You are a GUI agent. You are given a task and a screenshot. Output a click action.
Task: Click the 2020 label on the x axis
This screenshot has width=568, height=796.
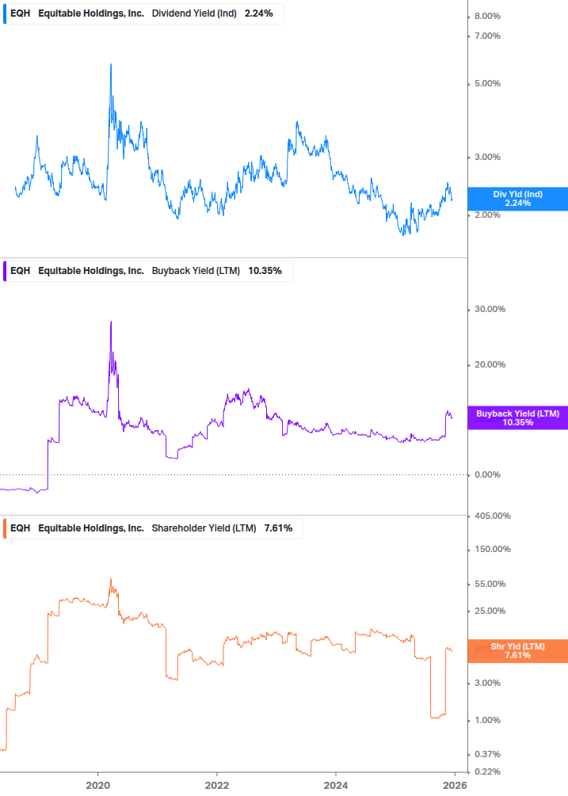click(x=97, y=786)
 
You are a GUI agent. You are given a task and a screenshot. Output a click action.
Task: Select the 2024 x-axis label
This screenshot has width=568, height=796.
click(x=336, y=786)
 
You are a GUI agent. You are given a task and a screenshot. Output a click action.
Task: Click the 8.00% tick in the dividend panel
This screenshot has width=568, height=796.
click(x=487, y=17)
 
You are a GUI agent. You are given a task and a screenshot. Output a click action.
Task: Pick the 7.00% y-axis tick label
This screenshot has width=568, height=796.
click(x=487, y=36)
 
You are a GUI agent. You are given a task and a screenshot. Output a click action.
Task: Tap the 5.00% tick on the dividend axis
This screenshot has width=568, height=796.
click(x=487, y=84)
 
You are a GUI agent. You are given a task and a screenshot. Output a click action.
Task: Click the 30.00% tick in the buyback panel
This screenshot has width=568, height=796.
click(x=490, y=310)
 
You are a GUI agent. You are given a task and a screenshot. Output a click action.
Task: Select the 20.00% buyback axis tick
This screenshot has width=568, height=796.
click(x=490, y=365)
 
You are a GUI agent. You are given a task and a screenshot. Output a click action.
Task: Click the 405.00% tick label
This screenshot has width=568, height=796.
click(x=492, y=516)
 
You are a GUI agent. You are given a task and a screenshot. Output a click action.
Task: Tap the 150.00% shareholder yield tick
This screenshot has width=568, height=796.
click(x=492, y=550)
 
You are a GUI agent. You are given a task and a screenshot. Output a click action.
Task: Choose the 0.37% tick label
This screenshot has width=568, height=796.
click(x=487, y=754)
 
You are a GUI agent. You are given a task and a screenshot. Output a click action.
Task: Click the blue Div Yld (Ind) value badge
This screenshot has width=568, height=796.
click(x=517, y=199)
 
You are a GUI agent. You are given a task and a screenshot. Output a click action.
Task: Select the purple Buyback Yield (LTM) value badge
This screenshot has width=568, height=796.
click(x=517, y=418)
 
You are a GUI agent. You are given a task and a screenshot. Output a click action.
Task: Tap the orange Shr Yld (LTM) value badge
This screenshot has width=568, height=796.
click(x=517, y=651)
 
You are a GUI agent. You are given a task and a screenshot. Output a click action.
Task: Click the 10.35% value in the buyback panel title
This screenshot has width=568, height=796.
click(x=265, y=271)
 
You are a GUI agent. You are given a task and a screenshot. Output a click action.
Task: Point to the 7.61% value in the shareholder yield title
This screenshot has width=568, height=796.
click(x=278, y=528)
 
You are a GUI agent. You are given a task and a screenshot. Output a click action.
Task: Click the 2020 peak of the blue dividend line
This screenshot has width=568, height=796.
click(x=111, y=64)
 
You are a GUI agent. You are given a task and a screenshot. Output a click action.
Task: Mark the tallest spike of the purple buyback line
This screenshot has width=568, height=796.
click(x=111, y=322)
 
